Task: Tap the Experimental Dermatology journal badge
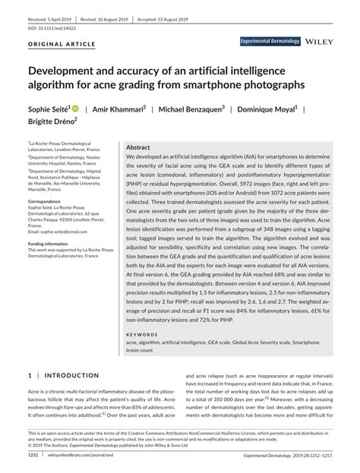pyautogui.click(x=270, y=41)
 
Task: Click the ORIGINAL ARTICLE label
pyautogui.click(x=62, y=44)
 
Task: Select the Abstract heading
pyautogui.click(x=137, y=147)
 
